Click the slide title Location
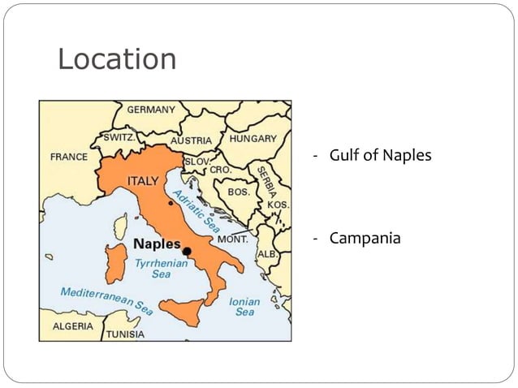tap(117, 58)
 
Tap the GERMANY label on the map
tap(150, 110)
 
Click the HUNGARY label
tap(253, 139)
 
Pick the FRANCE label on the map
tap(69, 157)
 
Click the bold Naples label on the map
tap(157, 244)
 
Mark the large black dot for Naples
tap(187, 252)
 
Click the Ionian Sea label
tap(244, 306)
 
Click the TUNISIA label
tap(125, 334)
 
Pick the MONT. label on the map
tap(232, 239)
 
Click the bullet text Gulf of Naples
tap(380, 155)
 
